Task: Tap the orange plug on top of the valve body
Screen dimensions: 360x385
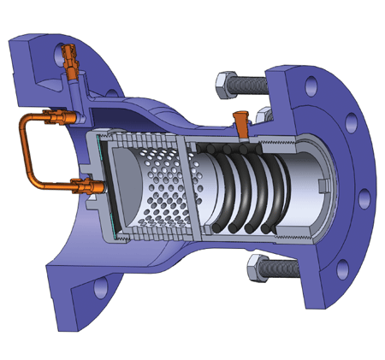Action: (242, 123)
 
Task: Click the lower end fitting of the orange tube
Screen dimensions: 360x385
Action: (86, 182)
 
